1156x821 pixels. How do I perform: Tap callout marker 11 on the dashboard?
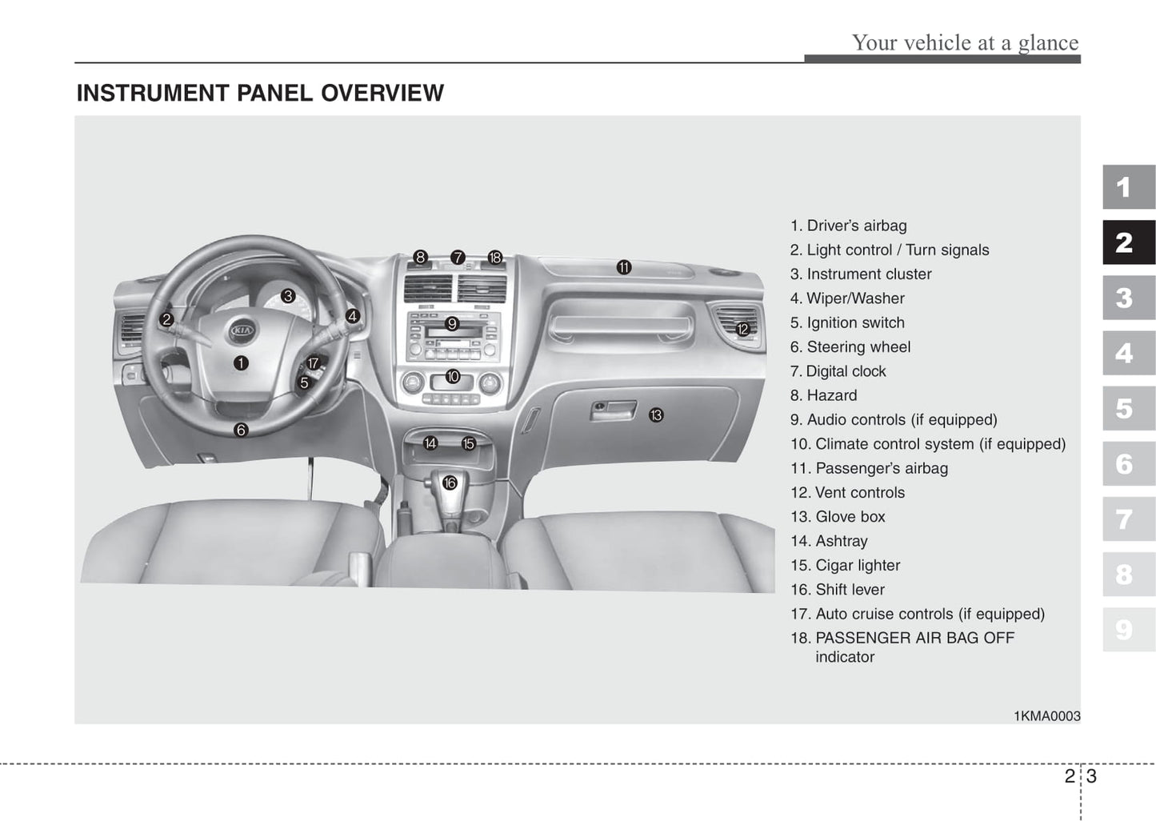click(624, 268)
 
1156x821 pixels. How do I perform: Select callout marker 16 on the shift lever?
click(450, 483)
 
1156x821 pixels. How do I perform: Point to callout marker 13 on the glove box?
click(656, 415)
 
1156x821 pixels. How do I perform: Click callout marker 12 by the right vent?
click(742, 329)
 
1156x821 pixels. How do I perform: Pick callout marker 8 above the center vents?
click(421, 257)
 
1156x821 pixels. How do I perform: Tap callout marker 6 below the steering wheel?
click(241, 431)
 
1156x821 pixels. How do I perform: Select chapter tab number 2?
click(1128, 242)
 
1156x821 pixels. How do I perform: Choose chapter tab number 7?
click(1128, 519)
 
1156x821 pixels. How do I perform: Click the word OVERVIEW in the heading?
click(382, 94)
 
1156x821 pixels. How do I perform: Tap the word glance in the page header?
click(1048, 42)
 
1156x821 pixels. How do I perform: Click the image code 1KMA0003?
click(1046, 716)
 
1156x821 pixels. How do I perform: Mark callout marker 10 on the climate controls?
click(453, 377)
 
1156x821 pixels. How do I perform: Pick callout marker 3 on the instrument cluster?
click(288, 296)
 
